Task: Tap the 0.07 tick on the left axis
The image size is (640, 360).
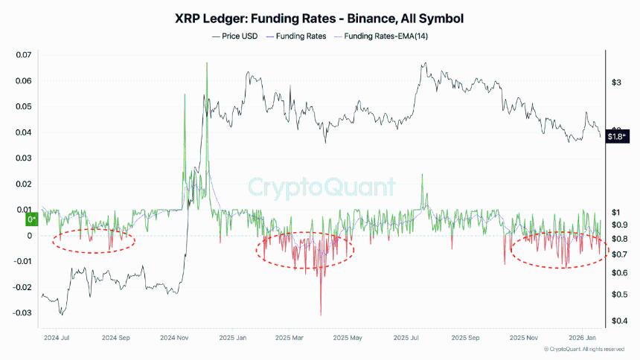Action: pos(25,55)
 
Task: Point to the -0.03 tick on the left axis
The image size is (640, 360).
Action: pos(23,312)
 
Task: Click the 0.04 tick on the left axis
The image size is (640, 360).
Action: pos(25,132)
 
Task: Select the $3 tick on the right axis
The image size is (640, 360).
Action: pos(616,83)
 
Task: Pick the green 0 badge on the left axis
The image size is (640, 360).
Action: pos(31,219)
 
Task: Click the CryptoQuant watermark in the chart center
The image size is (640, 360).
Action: pos(321,186)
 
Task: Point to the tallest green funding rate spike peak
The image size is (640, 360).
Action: pos(207,63)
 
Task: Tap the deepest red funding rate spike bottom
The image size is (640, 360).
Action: pos(321,315)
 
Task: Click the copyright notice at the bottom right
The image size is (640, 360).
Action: pos(583,349)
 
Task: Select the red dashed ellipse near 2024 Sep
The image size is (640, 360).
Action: pos(93,241)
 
